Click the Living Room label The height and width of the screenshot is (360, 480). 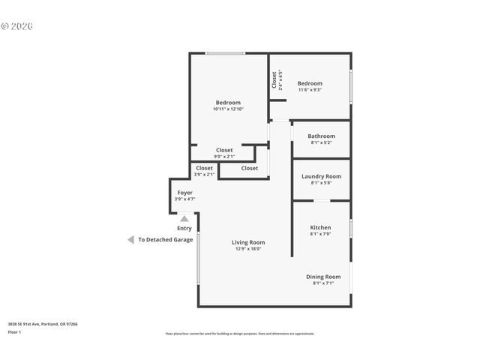pos(247,242)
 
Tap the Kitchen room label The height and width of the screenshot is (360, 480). pos(320,227)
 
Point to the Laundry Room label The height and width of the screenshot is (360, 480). pos(321,176)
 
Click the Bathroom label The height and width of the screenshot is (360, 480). pos(321,136)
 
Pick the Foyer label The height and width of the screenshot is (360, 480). pos(184,193)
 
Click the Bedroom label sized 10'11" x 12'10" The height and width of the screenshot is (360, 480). pos(228,103)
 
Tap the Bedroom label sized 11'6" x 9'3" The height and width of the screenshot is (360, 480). pos(309,83)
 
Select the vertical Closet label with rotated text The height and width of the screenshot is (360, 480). pos(274,80)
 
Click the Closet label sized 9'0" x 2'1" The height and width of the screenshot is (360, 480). pos(224,150)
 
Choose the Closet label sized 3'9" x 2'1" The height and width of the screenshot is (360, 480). pos(204,168)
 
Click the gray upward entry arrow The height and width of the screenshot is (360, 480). pos(184,218)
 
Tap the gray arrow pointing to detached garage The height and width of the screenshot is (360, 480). pos(130,240)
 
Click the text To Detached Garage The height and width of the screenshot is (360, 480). pos(165,240)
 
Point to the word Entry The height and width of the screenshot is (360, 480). pos(184,228)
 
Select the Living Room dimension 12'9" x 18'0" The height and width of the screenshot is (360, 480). pos(247,249)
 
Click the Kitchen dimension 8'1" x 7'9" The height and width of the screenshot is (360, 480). pos(320,234)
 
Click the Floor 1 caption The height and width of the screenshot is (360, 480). pos(14,331)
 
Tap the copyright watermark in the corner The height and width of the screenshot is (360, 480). pos(17,25)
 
